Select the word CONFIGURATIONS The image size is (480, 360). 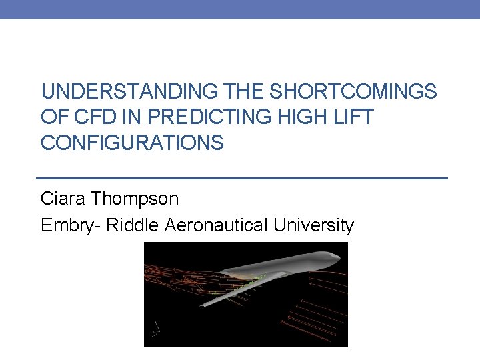coord(132,142)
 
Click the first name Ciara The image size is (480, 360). coord(64,198)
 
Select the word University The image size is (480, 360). coord(313,226)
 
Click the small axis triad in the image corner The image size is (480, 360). coord(155,329)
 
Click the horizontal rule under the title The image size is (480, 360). coord(240,179)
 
